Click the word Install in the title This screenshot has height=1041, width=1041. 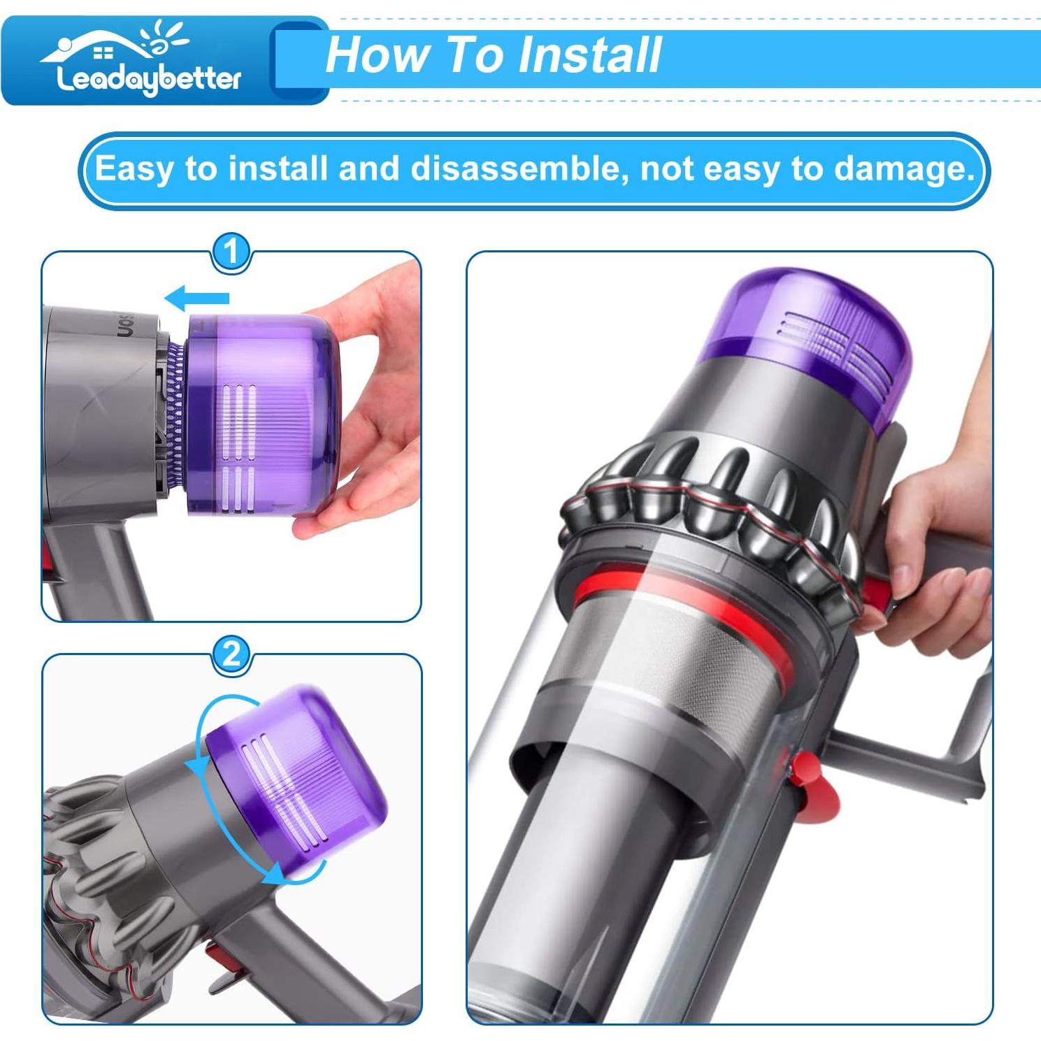(x=591, y=55)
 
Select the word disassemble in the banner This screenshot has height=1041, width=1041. (x=515, y=169)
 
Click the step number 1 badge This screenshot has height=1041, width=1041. (x=231, y=252)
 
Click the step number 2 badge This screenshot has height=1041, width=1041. (x=231, y=654)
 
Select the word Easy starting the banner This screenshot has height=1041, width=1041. (x=133, y=169)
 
